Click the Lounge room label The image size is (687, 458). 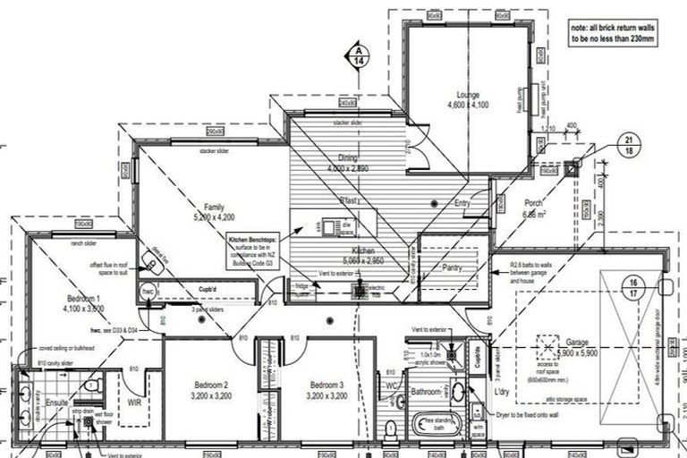coord(468,95)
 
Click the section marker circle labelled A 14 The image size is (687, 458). coord(357,55)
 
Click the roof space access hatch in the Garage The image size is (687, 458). coord(547,345)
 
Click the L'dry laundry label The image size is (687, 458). coord(501,394)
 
